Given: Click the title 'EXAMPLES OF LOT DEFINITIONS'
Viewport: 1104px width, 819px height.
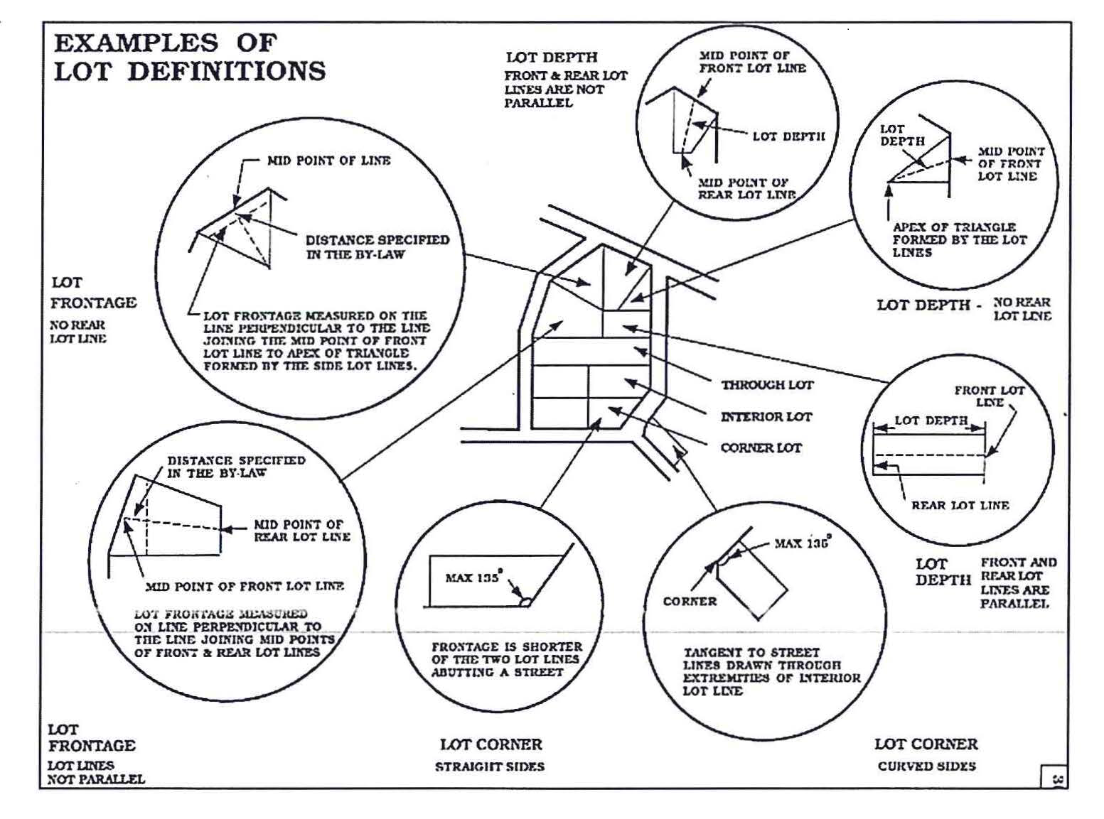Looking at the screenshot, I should [190, 58].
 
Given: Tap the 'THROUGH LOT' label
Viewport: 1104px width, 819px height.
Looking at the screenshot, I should [767, 385].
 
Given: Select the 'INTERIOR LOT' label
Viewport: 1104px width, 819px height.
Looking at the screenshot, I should [766, 417].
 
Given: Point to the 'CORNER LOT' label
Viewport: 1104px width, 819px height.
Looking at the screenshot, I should [761, 448].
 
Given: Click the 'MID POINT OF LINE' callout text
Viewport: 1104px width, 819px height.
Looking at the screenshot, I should [328, 161].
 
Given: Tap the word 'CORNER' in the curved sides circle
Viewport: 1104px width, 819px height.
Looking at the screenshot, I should [690, 602].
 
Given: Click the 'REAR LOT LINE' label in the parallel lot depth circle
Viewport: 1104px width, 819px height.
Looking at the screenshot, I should [960, 506].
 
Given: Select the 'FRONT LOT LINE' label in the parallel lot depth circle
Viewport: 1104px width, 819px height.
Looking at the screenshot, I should [989, 396].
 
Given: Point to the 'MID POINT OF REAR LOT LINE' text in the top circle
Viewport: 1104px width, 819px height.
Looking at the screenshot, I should [746, 189].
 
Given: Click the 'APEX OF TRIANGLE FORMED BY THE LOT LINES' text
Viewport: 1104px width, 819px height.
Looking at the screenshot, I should [959, 240].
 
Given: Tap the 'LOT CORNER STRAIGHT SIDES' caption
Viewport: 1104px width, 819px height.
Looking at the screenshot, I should [491, 754].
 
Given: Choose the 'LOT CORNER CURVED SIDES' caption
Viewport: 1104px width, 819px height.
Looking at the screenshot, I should [926, 754].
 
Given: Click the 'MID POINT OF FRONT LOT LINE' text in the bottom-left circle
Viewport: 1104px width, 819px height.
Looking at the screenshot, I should [245, 587].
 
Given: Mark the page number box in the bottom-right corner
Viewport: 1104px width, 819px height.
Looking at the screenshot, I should [1054, 777].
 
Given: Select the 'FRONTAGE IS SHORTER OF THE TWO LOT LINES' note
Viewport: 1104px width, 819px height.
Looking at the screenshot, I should [506, 660].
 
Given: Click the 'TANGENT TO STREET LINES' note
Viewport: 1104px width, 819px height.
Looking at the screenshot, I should [771, 671].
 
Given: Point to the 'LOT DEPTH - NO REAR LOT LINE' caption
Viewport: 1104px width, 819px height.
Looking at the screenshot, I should [963, 307].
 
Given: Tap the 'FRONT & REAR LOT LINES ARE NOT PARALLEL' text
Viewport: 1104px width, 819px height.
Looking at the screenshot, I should [566, 90].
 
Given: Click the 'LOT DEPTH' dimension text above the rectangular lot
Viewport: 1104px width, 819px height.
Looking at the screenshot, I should [931, 421].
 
